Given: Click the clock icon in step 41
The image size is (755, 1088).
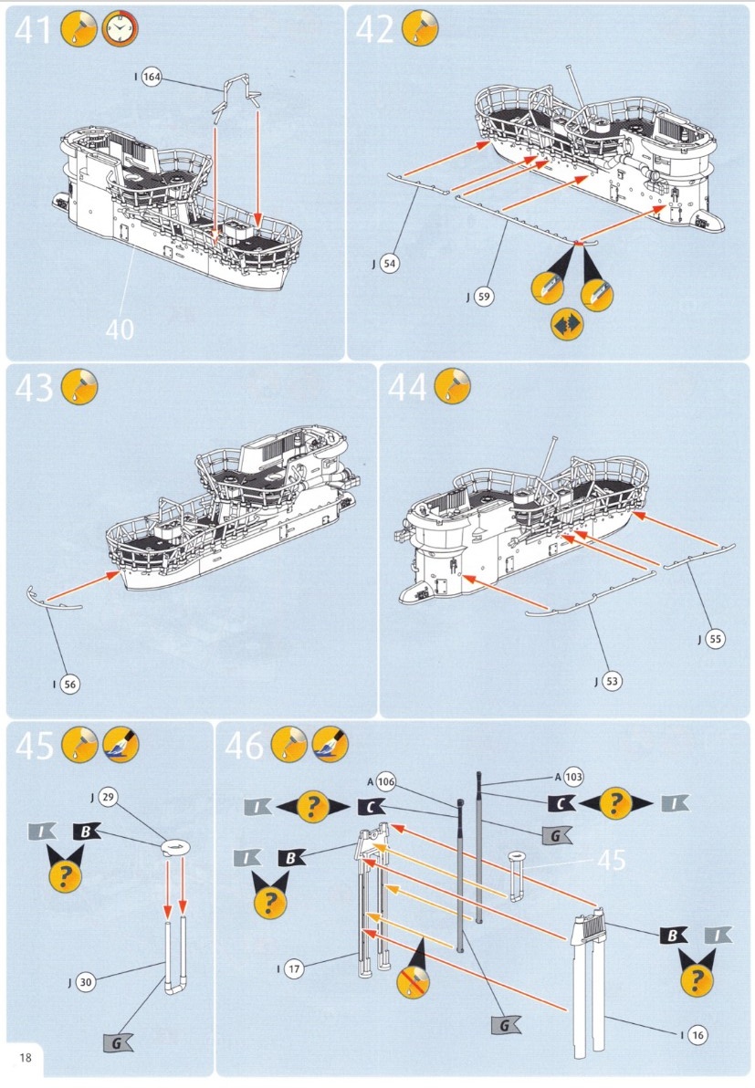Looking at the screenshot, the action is (120, 30).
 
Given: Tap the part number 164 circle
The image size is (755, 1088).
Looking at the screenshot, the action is (152, 77).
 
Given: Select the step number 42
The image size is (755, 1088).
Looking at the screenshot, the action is (374, 30).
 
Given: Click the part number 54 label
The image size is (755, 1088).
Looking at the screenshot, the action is (390, 264).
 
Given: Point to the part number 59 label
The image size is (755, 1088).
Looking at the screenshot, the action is (484, 297).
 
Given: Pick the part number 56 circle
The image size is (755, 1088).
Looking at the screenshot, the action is (70, 685).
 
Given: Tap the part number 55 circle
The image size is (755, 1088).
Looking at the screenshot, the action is (716, 639).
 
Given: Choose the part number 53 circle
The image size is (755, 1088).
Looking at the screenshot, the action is (612, 682).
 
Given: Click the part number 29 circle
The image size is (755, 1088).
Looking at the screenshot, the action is (108, 797).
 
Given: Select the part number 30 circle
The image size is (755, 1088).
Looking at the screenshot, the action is (85, 982).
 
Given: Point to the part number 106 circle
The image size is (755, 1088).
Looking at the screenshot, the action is (386, 782).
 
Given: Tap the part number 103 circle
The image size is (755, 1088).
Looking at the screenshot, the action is (574, 777).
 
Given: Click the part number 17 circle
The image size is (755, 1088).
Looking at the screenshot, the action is (294, 968).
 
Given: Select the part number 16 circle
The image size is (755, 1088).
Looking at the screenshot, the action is (697, 1035).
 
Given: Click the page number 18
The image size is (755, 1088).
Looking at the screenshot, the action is (26, 1058).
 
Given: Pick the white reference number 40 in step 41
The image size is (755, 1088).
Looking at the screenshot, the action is (120, 329).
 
